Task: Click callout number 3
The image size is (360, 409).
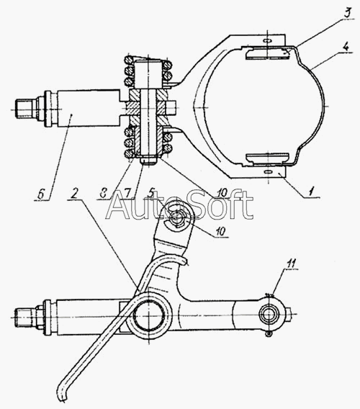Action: (347, 13)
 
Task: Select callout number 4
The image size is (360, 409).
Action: (346, 48)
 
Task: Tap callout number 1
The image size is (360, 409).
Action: (311, 192)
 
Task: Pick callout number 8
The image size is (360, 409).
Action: (103, 193)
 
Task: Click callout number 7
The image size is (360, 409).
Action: (127, 193)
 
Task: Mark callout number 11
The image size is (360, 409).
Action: (291, 264)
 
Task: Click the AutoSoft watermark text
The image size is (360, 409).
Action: (179, 205)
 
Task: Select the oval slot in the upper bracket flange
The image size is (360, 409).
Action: (267, 41)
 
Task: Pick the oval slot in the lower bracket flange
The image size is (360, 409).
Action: (268, 172)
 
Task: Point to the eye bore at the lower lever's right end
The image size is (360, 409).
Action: (267, 315)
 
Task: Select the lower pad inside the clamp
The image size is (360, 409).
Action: (268, 158)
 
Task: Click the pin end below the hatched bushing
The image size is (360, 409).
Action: (148, 162)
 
